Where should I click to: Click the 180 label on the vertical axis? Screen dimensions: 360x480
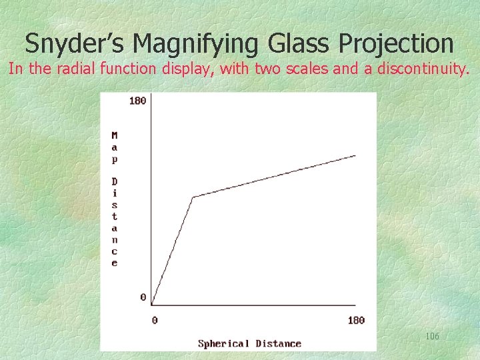click(137, 101)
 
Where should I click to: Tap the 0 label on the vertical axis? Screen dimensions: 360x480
click(143, 297)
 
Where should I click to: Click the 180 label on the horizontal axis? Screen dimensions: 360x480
click(356, 320)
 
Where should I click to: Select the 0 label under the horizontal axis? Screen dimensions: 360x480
click(155, 320)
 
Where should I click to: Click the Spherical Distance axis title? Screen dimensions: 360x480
click(249, 344)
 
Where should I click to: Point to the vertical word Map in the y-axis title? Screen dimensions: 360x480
click(115, 147)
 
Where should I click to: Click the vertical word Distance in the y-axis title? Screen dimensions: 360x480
click(115, 222)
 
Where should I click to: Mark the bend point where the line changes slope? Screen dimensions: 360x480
click(193, 197)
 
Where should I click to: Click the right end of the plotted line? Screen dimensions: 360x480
click(355, 155)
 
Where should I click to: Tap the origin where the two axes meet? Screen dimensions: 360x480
click(152, 306)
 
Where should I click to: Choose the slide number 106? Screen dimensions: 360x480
click(432, 337)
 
